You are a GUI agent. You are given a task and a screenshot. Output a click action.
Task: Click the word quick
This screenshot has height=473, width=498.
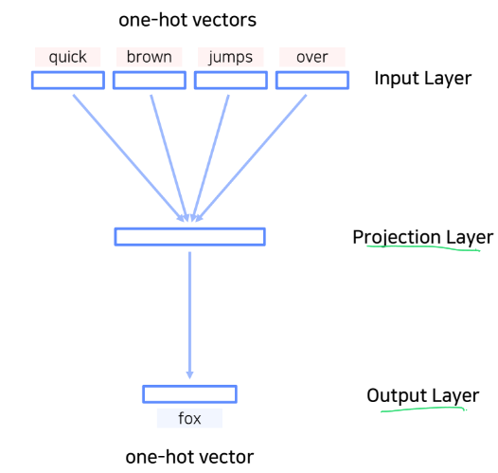click(67, 57)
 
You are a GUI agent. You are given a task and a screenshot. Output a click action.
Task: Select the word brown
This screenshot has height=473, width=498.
click(150, 57)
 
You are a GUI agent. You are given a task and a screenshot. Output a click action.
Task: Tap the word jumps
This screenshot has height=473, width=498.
click(231, 57)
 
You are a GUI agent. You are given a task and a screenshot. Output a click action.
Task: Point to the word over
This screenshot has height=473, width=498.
click(311, 57)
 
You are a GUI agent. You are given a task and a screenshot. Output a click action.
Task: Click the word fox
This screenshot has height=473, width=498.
click(189, 417)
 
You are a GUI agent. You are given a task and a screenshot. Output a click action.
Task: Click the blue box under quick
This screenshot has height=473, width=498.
click(67, 81)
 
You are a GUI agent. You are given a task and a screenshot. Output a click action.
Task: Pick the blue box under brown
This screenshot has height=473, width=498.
click(150, 81)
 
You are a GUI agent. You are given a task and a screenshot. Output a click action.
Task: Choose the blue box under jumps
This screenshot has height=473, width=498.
click(231, 81)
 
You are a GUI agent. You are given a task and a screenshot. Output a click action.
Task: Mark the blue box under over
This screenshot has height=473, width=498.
click(311, 81)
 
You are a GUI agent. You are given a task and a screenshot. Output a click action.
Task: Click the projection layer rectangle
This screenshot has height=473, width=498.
click(189, 236)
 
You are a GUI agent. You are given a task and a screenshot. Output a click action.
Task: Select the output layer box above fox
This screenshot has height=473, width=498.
click(189, 393)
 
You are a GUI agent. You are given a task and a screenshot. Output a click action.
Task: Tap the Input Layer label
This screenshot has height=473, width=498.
click(422, 78)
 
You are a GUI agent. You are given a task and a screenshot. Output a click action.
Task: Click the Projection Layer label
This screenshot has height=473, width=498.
click(422, 237)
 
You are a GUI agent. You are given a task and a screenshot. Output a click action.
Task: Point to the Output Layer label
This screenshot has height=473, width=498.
click(422, 395)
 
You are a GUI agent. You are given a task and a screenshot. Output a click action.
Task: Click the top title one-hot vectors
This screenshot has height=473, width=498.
click(187, 19)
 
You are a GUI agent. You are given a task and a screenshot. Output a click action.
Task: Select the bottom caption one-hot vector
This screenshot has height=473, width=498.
click(189, 457)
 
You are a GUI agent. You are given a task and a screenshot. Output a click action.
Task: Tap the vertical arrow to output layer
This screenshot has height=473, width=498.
click(190, 313)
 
